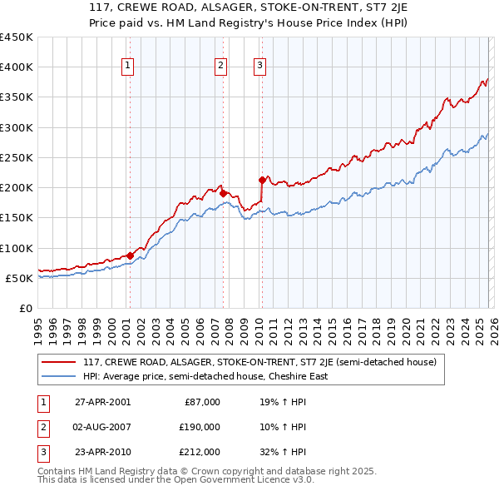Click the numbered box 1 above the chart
(x=129, y=67)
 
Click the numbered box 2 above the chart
(x=221, y=67)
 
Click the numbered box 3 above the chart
(x=259, y=67)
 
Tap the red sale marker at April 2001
(x=130, y=255)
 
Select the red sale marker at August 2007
(x=223, y=193)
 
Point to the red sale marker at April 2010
(x=262, y=180)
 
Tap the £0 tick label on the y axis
(x=24, y=308)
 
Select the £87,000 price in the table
(x=201, y=402)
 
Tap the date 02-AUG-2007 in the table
(x=102, y=427)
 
